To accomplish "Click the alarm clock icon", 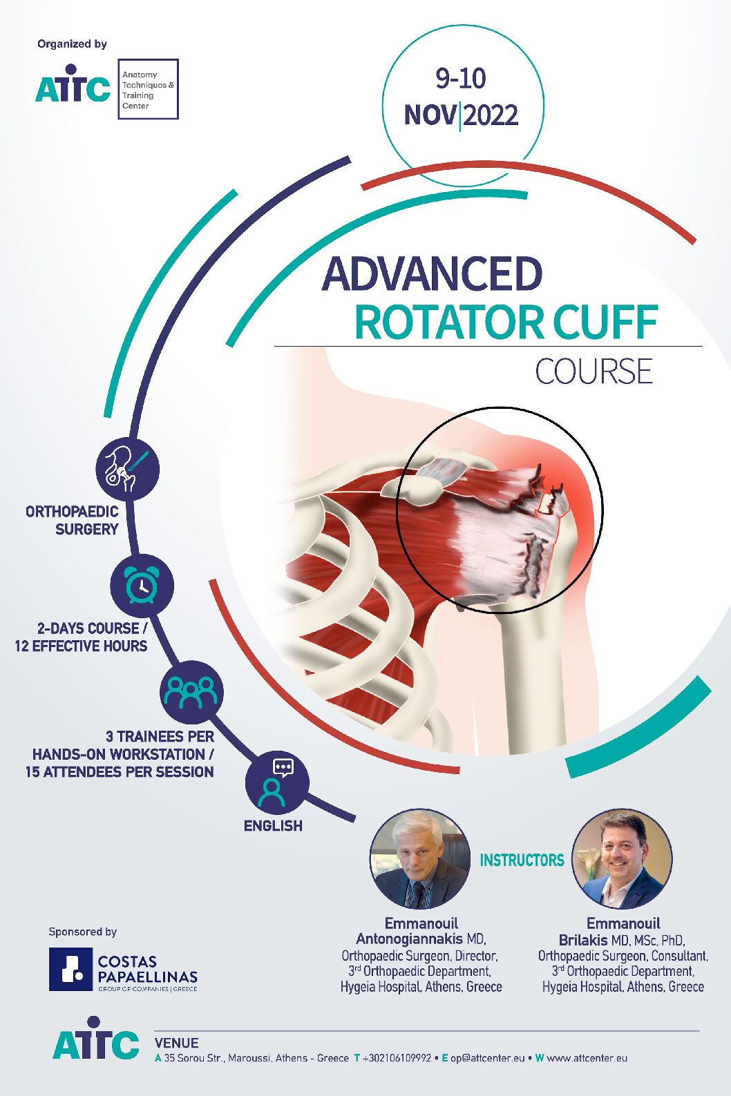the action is click(142, 585).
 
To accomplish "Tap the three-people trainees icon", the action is click(191, 692).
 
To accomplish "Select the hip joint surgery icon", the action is click(127, 468).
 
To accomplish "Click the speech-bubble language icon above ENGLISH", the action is click(276, 781).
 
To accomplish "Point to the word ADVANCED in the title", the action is click(432, 274).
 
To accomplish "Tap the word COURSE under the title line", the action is click(594, 372).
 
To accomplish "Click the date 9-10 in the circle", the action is click(461, 78).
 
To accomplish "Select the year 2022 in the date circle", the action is click(490, 115).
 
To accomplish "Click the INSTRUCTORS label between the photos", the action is click(522, 861).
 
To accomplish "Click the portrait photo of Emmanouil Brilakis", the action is click(623, 858).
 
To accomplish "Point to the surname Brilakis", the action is click(583, 940).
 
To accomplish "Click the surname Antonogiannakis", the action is click(409, 939).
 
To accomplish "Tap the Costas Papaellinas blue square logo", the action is click(70, 970).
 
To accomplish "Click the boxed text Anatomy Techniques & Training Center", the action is click(148, 90).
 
